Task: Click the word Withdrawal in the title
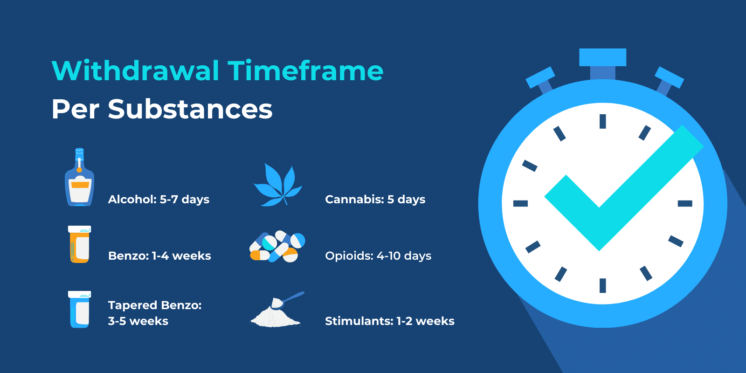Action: tap(135, 71)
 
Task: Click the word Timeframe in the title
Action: tap(305, 71)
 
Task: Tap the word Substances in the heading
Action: tap(190, 109)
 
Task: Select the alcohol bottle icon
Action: tap(79, 180)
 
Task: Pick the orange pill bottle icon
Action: tap(79, 244)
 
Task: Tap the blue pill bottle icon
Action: tap(79, 310)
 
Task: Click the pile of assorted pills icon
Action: tap(277, 247)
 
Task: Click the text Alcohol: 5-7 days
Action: tap(159, 200)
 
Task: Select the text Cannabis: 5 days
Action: tap(375, 200)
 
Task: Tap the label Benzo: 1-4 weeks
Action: tap(159, 256)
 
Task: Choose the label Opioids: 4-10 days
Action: tap(378, 256)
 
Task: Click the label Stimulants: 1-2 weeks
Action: tap(389, 321)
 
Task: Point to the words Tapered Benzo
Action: tap(155, 305)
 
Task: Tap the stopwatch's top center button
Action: tap(602, 58)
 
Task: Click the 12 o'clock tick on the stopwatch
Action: tap(602, 121)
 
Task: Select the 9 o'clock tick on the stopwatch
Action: tap(520, 203)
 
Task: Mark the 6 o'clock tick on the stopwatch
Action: tap(602, 285)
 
